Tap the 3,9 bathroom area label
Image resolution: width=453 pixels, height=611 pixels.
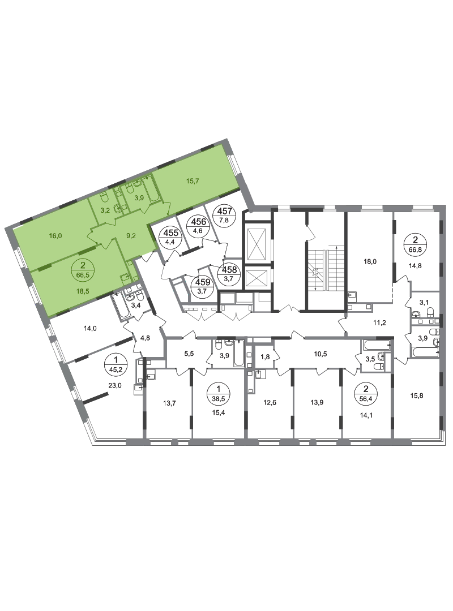click(139, 197)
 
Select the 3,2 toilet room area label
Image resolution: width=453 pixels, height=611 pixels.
click(105, 209)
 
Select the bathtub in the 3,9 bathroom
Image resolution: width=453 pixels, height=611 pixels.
click(151, 190)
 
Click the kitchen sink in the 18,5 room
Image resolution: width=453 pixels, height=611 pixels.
click(127, 279)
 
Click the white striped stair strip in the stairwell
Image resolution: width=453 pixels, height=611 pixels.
click(326, 270)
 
